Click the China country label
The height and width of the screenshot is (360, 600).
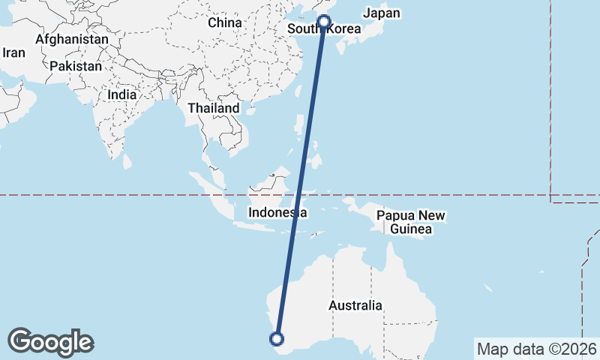(225, 22)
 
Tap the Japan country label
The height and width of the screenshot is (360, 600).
(382, 13)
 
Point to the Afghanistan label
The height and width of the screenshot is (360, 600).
(71, 39)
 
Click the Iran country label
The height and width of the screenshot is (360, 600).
(14, 52)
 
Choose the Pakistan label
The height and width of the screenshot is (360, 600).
(76, 66)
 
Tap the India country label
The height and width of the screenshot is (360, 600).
(121, 95)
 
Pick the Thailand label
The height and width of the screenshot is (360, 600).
(213, 108)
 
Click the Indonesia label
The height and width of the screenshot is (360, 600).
(278, 213)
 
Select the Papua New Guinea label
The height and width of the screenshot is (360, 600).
(411, 222)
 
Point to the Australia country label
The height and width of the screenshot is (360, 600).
(355, 306)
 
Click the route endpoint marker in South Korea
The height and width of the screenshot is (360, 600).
(324, 21)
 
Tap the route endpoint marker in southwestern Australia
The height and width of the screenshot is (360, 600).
(277, 338)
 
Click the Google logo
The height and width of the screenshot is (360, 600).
(50, 342)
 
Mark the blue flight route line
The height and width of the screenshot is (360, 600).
(301, 180)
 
